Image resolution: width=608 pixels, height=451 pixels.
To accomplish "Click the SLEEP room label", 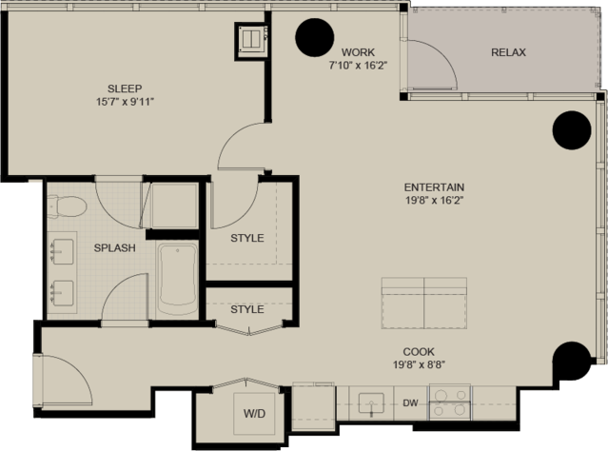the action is [125, 88].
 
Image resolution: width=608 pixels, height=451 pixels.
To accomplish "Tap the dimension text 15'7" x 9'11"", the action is [125, 102].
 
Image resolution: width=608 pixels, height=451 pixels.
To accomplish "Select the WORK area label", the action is [358, 52].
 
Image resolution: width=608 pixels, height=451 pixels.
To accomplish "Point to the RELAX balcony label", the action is [508, 52].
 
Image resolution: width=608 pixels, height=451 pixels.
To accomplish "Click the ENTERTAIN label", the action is [434, 187].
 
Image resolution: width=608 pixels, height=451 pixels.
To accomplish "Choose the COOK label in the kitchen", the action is [419, 352].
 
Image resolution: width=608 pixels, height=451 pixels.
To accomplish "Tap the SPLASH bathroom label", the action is [115, 247].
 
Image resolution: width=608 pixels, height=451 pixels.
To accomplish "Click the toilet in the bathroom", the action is [67, 206].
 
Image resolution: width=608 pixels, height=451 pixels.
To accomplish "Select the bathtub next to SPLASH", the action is [178, 279].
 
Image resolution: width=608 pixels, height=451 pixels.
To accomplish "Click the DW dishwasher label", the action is [410, 403].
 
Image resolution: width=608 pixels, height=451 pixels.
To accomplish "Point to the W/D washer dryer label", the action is [254, 414].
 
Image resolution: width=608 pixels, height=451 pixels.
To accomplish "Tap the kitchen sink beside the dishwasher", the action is [371, 403].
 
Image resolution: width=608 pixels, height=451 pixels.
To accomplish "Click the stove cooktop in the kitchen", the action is [450, 402].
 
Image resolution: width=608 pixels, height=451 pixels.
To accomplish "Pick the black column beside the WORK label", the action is [315, 38].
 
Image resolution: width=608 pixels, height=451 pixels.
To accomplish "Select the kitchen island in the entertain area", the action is [424, 304].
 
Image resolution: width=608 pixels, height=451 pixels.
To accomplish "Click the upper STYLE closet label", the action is [247, 238].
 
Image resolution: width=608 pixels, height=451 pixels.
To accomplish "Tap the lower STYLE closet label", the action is [247, 309].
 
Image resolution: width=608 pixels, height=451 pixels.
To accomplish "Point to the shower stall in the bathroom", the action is [175, 206].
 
